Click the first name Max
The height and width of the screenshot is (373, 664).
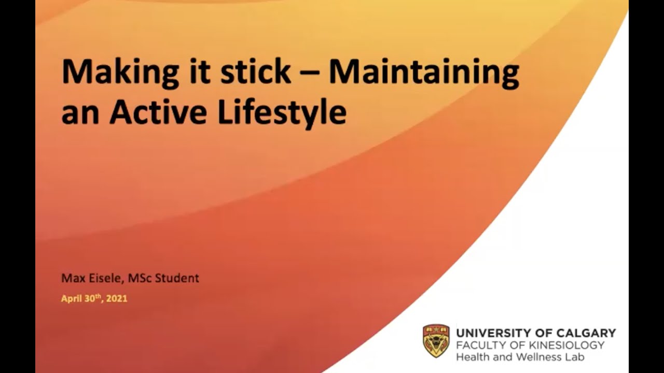click(71, 278)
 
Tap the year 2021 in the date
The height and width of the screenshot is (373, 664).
click(117, 299)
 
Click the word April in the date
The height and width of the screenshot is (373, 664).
click(72, 299)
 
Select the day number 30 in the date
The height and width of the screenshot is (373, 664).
click(90, 299)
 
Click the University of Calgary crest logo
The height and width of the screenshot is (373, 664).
click(436, 341)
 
